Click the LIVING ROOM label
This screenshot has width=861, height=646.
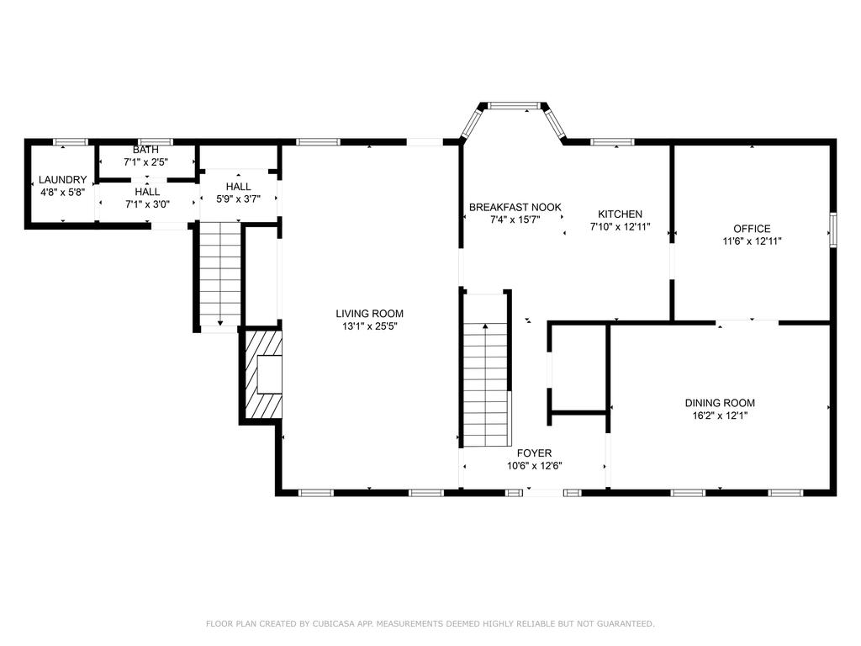370,314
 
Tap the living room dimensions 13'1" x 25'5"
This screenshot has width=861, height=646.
370,326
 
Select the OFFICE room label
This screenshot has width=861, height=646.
752,229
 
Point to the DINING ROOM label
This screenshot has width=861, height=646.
720,403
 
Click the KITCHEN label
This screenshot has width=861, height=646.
620,214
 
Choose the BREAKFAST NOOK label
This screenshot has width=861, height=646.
515,207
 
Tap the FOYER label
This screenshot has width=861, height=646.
534,453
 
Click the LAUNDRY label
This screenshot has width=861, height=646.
62,180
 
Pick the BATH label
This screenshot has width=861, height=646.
145,150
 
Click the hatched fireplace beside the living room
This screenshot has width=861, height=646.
262,374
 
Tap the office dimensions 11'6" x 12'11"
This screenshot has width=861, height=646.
752,241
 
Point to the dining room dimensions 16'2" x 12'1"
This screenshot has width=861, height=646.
720,416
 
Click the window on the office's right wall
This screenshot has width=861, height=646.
833,230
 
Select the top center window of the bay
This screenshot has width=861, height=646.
515,105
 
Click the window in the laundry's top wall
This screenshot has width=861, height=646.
71,141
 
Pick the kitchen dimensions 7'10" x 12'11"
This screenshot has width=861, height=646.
620,226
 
